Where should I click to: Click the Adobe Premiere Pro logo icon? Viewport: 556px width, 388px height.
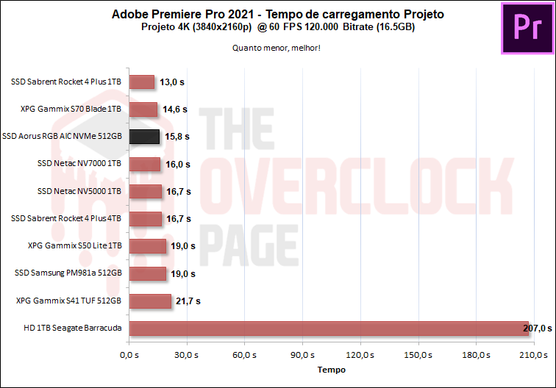click(527, 28)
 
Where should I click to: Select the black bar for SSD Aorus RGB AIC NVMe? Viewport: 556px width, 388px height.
click(144, 137)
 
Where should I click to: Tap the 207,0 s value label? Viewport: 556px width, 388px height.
click(537, 328)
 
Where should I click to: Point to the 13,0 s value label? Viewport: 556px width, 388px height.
click(173, 82)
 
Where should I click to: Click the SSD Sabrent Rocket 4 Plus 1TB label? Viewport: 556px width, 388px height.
click(67, 82)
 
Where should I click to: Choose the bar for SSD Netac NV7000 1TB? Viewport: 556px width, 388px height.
click(144, 164)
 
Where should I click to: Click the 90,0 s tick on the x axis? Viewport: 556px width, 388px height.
click(302, 355)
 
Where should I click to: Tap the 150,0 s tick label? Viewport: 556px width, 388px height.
click(418, 355)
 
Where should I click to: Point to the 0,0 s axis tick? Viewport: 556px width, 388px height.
click(129, 355)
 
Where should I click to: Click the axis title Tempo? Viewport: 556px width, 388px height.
click(331, 370)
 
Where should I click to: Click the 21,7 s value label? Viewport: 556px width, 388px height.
click(188, 301)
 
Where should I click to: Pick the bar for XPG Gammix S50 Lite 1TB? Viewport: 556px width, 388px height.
click(148, 246)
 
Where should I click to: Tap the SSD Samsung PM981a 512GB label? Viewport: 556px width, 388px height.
click(68, 273)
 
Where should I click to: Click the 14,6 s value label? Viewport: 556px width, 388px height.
click(174, 109)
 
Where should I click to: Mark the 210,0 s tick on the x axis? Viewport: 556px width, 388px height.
click(533, 355)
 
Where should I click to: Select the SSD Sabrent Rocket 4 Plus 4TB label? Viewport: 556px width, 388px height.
click(67, 218)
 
